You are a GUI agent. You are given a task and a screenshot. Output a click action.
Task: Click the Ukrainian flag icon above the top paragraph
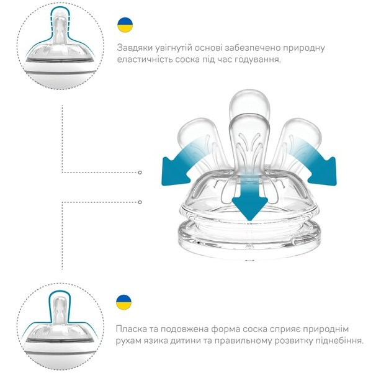tap(125, 25)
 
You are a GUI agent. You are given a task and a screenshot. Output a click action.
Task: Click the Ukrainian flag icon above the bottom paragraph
tap(123, 302)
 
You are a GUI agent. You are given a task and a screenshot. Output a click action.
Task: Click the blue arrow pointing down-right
tap(318, 164)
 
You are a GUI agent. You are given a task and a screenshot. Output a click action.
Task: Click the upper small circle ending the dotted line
tap(140, 173)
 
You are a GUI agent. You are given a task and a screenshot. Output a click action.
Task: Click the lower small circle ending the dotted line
tap(140, 202)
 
